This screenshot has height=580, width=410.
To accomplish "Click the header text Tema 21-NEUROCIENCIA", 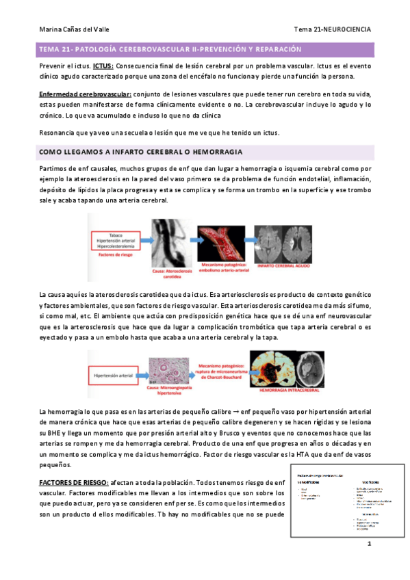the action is [x=333, y=30].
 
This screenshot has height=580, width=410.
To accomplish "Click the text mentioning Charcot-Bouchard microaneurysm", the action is [x=221, y=373].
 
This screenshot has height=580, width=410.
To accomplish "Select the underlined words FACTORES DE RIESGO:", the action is [x=72, y=482].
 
